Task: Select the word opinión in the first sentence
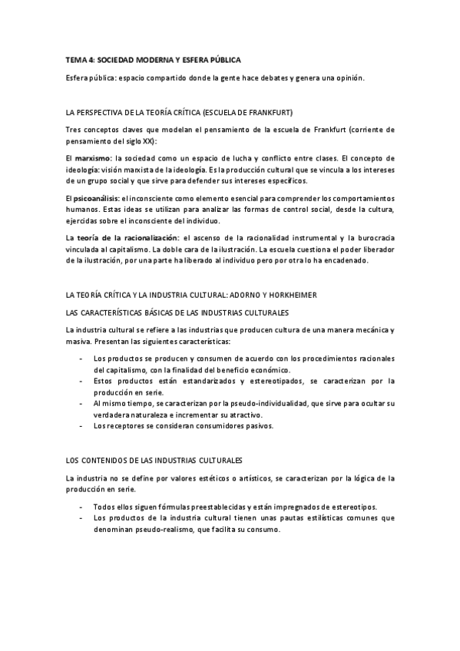(x=349, y=78)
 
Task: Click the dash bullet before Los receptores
(x=81, y=425)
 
